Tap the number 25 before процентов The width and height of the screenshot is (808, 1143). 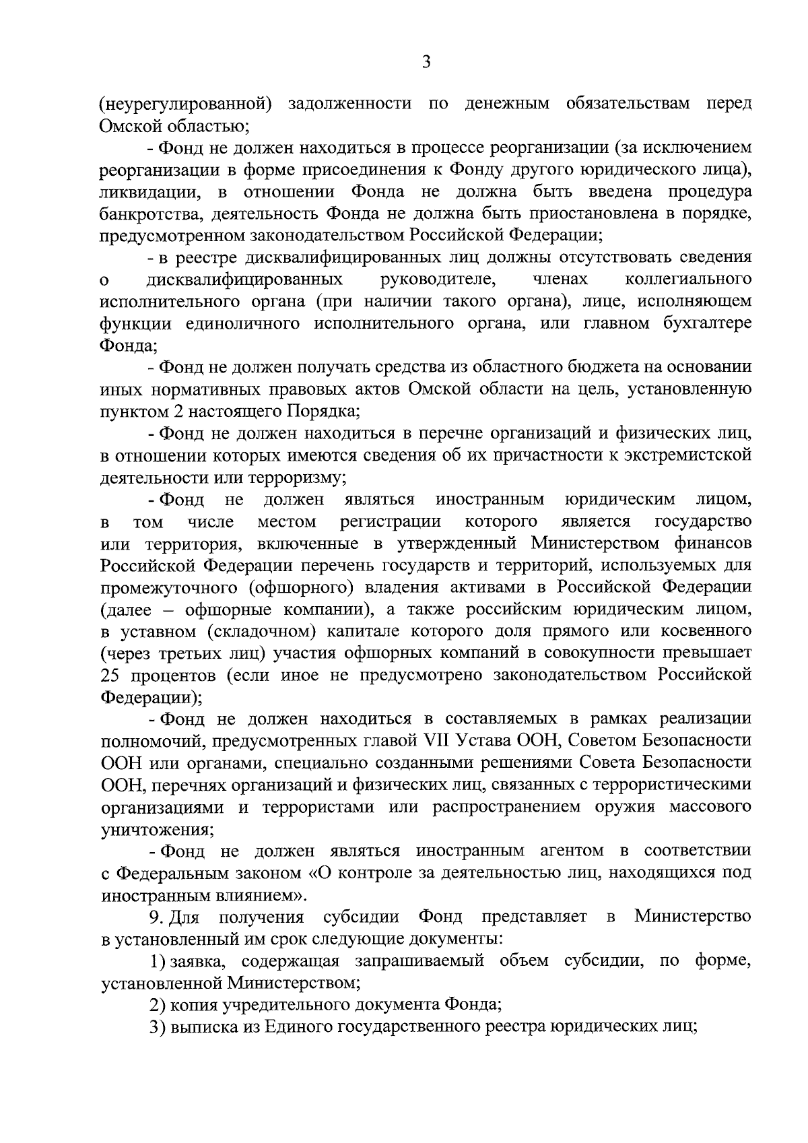pyautogui.click(x=111, y=676)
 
